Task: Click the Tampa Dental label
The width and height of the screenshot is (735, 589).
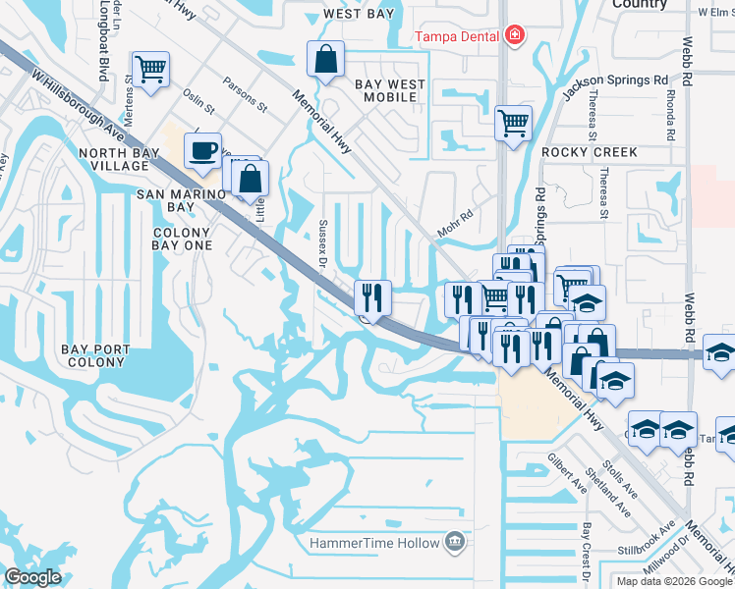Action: point(456,37)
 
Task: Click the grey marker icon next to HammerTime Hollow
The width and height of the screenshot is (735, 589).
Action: point(453,541)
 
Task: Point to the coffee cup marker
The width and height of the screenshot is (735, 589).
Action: point(202,151)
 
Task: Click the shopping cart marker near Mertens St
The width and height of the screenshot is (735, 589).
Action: point(149,70)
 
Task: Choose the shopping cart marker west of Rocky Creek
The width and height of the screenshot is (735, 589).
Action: point(512,124)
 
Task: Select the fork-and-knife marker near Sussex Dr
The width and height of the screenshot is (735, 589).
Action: point(372,295)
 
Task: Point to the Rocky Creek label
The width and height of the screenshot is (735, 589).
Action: point(589,153)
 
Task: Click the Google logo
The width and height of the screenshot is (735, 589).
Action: point(34,576)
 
